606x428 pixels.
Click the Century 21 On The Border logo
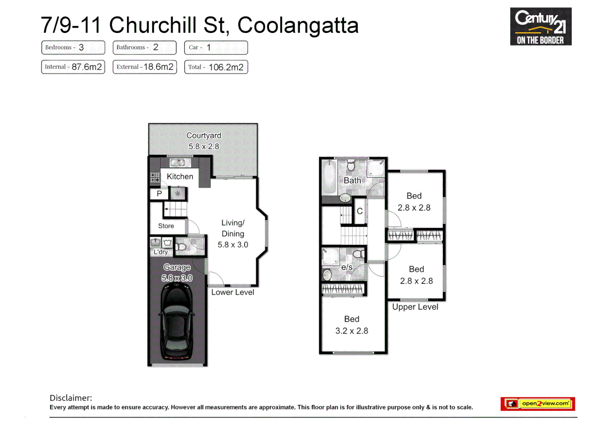[540, 27]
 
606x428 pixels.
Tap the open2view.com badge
[537, 403]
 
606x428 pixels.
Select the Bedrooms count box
[73, 48]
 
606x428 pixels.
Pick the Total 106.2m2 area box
[216, 67]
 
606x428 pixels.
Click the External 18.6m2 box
[144, 67]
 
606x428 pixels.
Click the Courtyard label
[203, 136]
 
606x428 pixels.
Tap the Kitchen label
[180, 176]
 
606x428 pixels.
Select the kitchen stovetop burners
[155, 178]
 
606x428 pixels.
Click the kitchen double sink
[178, 162]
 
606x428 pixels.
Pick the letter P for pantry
[159, 194]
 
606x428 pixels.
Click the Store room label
[166, 226]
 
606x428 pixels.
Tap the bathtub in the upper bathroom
[329, 178]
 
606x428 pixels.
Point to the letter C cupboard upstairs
[360, 211]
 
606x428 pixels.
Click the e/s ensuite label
[347, 267]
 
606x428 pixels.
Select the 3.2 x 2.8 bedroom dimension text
[351, 331]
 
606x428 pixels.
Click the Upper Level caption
[415, 307]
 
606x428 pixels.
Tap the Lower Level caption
[232, 292]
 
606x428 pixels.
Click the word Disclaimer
[71, 398]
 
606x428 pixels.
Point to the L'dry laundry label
[161, 252]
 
